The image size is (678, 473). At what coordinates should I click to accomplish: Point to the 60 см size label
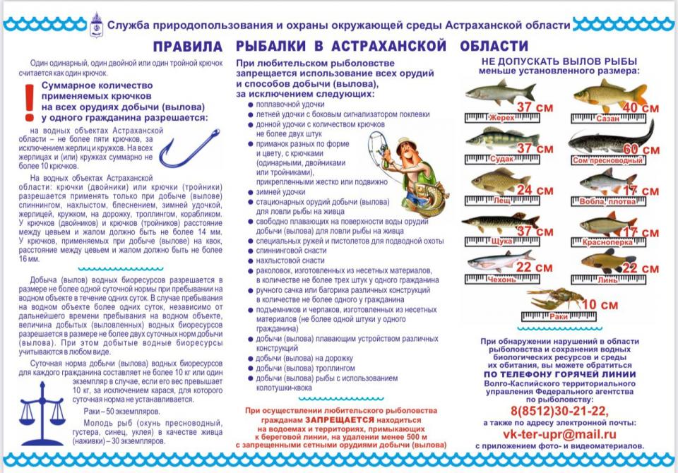641,150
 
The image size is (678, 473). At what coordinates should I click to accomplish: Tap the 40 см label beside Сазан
641,108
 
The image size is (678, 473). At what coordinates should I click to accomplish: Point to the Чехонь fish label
501,280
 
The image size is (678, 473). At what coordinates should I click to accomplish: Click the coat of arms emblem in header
97,24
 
